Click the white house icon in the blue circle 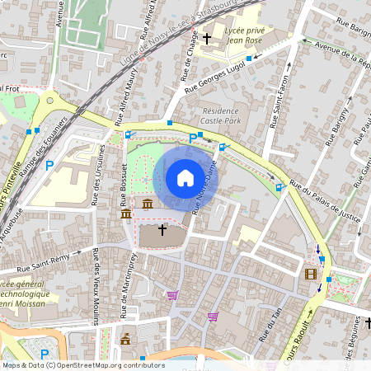[185, 177]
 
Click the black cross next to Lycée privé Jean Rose [206, 37]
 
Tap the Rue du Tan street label [266, 327]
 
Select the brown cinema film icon [310, 275]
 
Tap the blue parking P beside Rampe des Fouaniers [49, 166]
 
